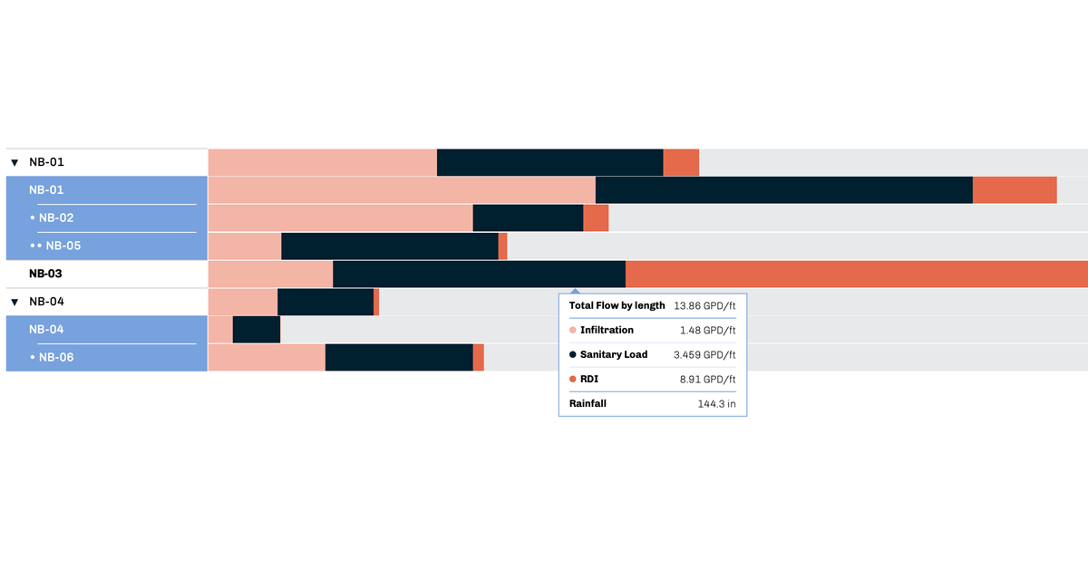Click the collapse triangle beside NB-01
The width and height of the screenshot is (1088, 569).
pos(15,163)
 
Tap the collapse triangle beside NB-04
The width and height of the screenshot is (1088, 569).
pos(15,302)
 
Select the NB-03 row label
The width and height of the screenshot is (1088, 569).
pos(45,274)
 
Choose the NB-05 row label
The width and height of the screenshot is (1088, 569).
pos(63,246)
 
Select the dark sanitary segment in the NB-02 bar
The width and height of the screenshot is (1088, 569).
pos(528,218)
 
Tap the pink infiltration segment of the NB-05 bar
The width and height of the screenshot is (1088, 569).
pos(245,246)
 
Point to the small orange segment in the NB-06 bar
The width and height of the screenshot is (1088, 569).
pos(479,357)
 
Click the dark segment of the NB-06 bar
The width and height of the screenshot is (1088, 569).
pos(399,357)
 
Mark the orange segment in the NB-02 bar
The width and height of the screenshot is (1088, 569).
pos(596,218)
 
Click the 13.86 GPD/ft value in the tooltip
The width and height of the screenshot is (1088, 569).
pos(704,306)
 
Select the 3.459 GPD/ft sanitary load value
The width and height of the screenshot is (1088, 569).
pos(704,354)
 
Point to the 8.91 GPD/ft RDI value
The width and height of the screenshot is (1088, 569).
pos(708,379)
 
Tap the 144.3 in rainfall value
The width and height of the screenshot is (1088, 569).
pos(716,403)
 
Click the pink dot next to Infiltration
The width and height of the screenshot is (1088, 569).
pos(573,331)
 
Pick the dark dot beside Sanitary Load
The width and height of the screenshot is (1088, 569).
pos(573,354)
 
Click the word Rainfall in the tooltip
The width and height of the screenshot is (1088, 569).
pos(588,403)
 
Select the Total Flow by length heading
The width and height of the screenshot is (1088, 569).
pos(617,306)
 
